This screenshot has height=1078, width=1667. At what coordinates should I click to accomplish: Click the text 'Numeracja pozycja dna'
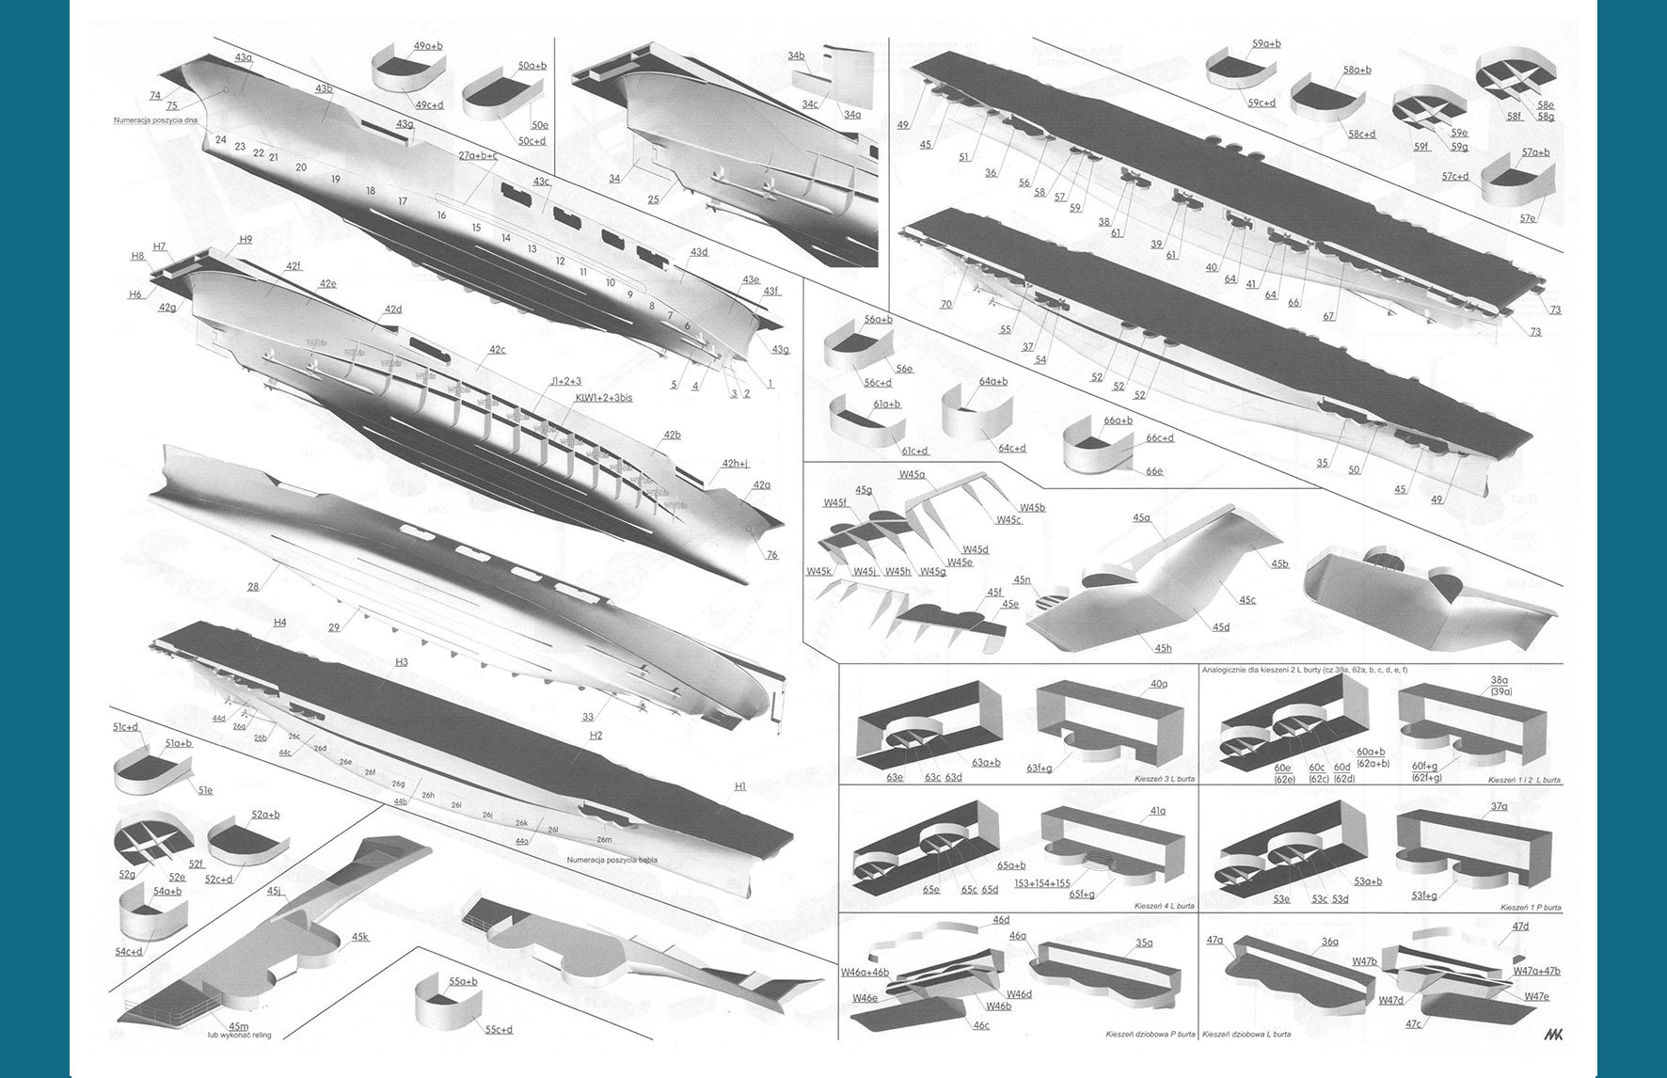(x=155, y=121)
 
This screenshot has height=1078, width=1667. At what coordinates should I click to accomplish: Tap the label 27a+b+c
(x=478, y=155)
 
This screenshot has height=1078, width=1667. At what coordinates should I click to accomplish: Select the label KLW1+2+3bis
(x=603, y=398)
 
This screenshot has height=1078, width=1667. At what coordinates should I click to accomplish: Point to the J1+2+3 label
(x=566, y=381)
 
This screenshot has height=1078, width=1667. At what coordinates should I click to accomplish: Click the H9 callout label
(x=246, y=239)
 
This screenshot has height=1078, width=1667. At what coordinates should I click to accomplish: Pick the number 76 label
(x=771, y=554)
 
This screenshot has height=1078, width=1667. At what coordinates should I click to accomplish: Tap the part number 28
(x=253, y=587)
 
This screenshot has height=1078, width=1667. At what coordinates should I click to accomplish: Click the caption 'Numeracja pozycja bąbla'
(x=611, y=859)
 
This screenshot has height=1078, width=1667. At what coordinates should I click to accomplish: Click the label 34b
(x=796, y=56)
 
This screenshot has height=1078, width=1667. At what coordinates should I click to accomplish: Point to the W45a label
(x=912, y=475)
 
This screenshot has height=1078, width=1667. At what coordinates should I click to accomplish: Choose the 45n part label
(x=1022, y=580)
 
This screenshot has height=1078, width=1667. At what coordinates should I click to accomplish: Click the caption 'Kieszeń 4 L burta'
(x=1164, y=906)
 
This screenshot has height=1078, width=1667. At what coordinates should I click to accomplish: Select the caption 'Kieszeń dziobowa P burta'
(x=1150, y=1034)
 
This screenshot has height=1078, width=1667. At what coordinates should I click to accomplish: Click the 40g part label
(x=1158, y=684)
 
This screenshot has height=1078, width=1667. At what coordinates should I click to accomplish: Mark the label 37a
(x=1499, y=806)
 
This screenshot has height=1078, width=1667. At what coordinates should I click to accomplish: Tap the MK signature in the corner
(x=1552, y=1033)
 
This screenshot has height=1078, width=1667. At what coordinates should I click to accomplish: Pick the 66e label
(x=1154, y=470)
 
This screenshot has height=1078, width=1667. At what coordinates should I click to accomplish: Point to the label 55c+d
(x=499, y=1029)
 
